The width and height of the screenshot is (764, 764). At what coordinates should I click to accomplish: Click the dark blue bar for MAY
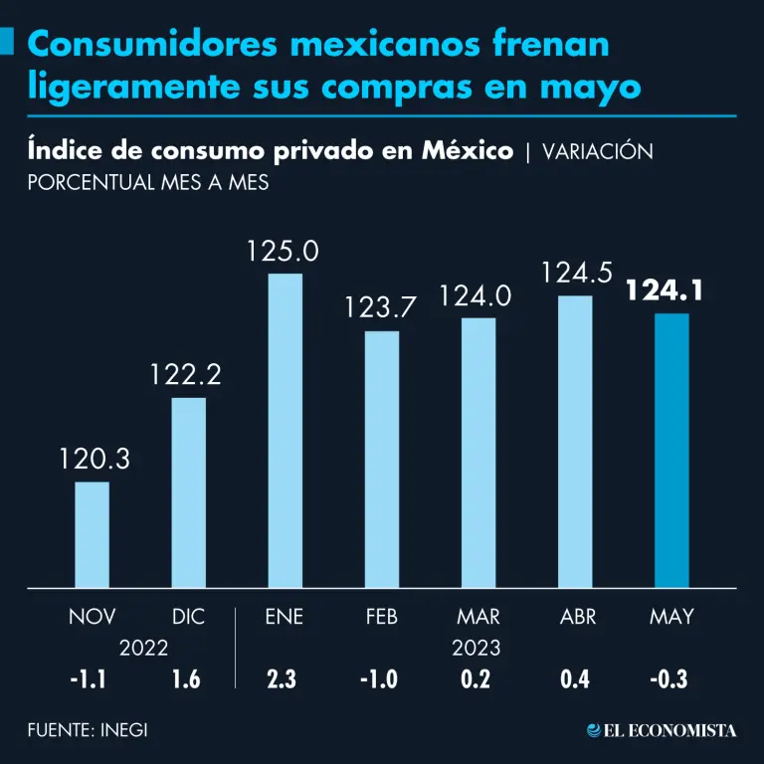671,450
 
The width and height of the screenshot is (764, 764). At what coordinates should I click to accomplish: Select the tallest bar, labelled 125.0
285,430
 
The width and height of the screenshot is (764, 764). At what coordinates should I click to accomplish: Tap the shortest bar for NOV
92,534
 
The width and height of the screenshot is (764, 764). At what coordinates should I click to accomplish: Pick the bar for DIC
188,492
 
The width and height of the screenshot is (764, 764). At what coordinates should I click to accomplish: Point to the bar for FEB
381,459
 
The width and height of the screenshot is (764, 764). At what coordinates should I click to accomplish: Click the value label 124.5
576,272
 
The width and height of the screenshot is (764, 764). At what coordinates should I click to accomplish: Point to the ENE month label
285,617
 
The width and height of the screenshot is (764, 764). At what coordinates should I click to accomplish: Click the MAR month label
478,617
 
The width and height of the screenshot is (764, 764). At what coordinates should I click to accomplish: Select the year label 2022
143,648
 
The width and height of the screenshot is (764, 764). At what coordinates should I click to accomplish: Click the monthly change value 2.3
284,679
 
